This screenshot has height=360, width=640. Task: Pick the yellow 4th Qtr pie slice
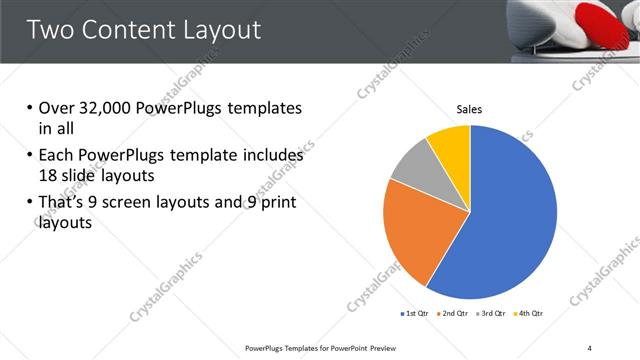(x=450, y=145)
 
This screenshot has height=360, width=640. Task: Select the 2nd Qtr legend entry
(x=456, y=314)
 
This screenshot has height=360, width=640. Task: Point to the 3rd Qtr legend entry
(x=493, y=314)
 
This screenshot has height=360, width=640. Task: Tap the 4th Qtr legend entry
(x=529, y=314)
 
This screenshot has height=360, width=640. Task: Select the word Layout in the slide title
(x=221, y=30)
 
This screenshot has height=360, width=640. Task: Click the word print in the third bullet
(x=277, y=203)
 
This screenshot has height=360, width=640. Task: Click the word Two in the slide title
(x=52, y=30)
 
